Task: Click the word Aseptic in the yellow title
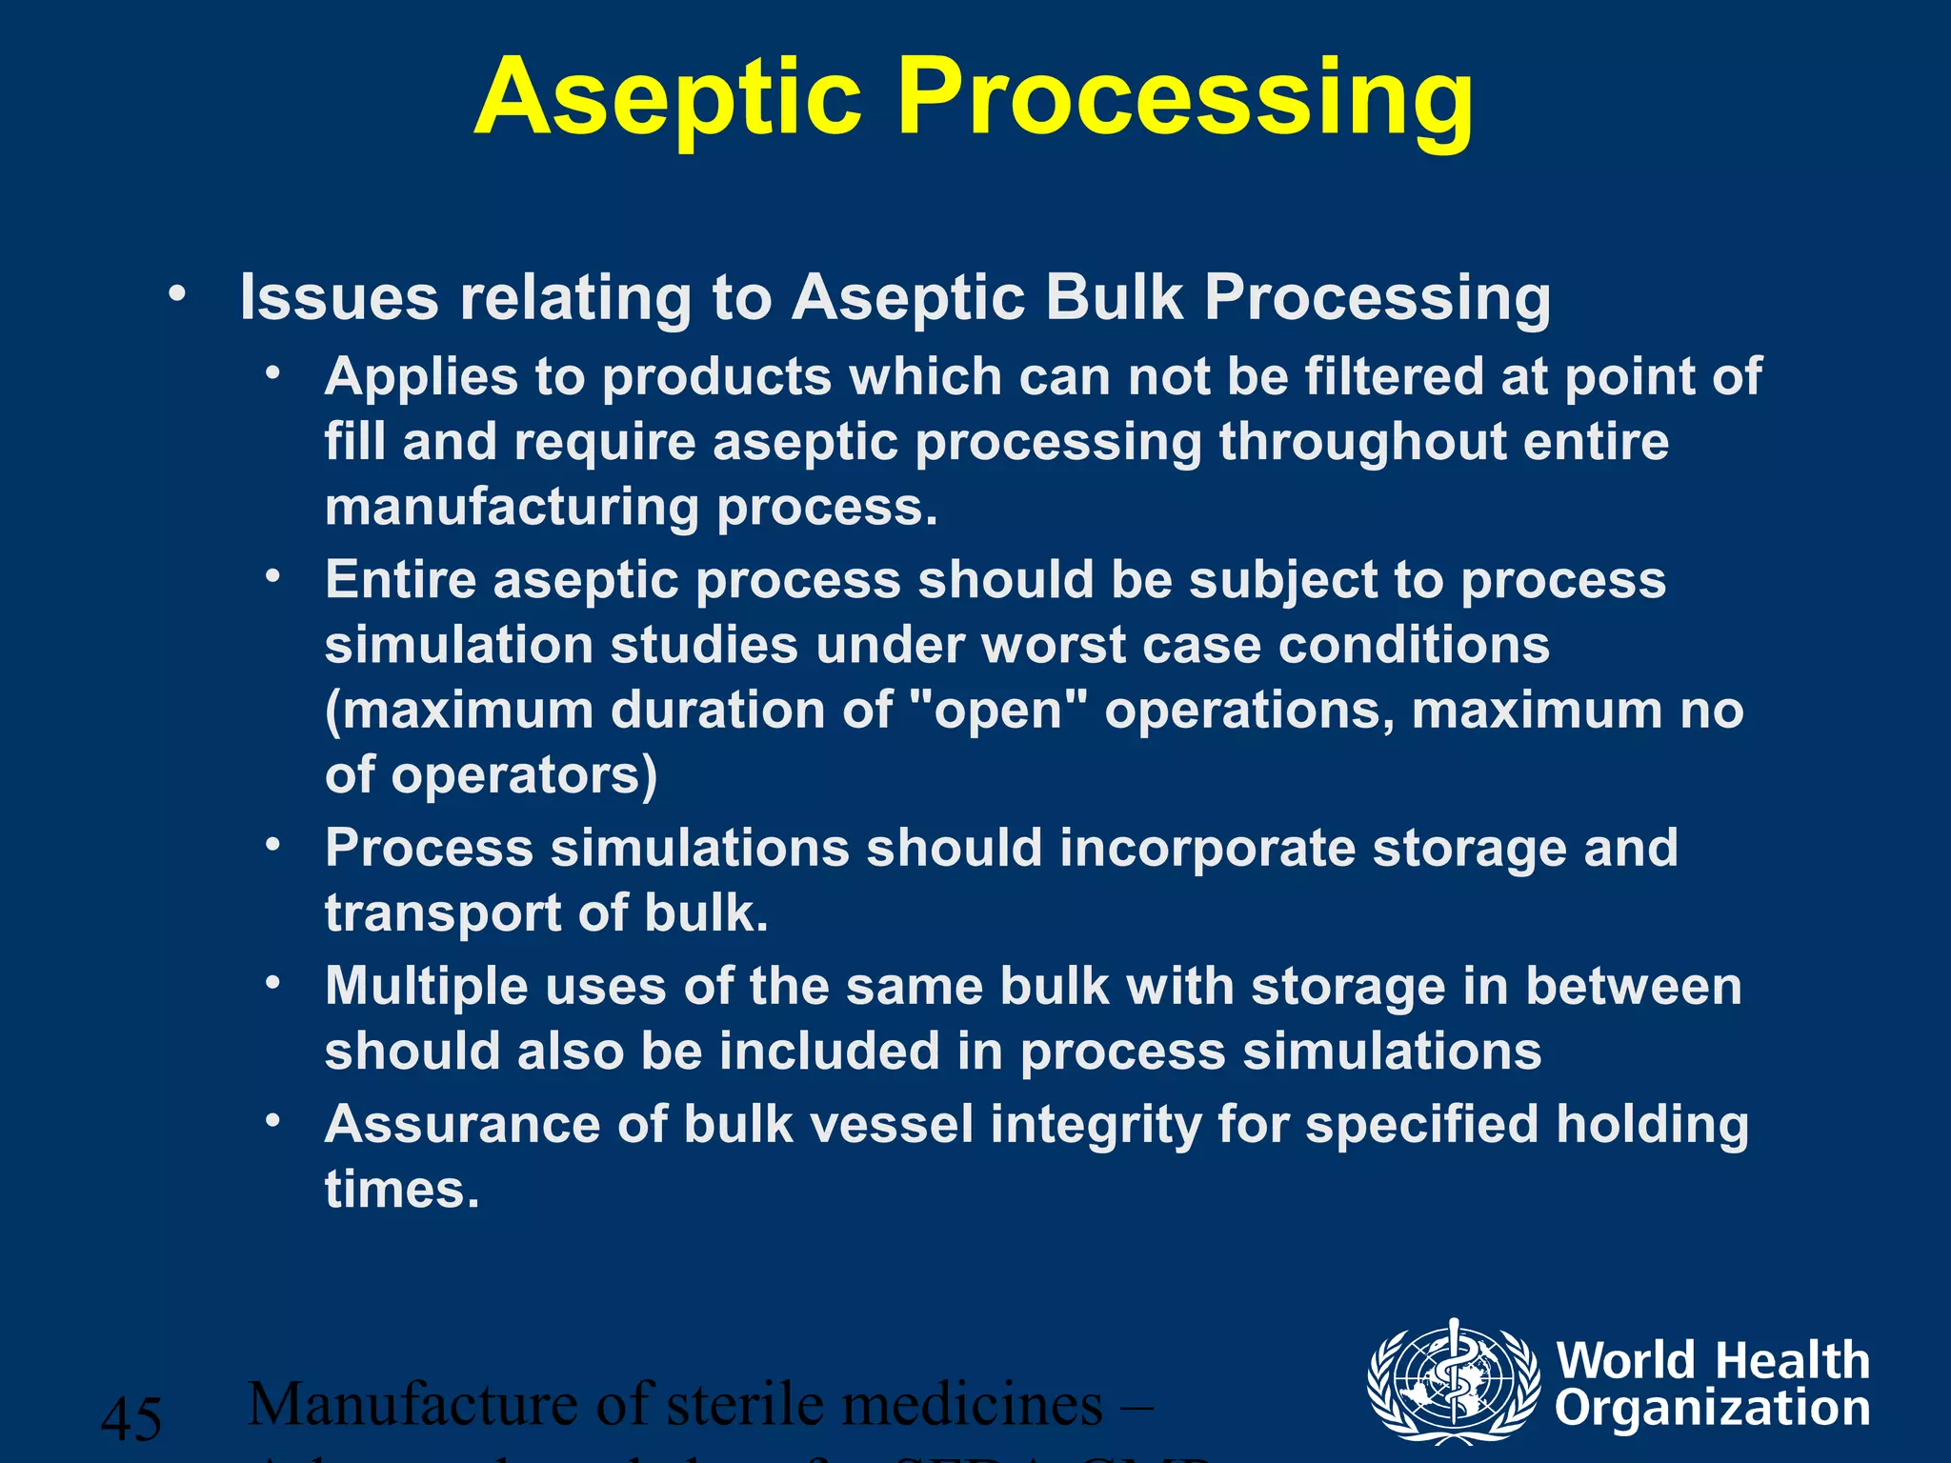667,98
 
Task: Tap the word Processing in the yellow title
1185,98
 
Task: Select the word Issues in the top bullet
339,297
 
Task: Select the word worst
1054,645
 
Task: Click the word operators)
525,775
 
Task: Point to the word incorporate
1207,848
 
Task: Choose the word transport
443,913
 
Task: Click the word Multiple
426,986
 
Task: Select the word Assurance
462,1124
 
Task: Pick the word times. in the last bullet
402,1190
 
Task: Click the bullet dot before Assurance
273,1122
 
